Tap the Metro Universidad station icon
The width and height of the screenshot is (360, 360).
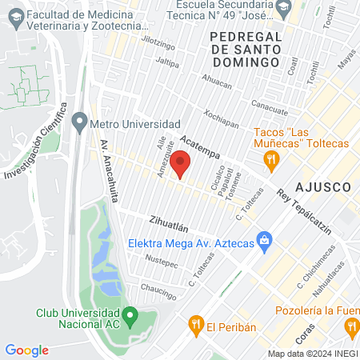coord(79,124)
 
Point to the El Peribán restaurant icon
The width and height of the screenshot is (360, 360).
coord(194,326)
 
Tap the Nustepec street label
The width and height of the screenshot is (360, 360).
coord(161,262)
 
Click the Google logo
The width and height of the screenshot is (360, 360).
coord(27,350)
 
